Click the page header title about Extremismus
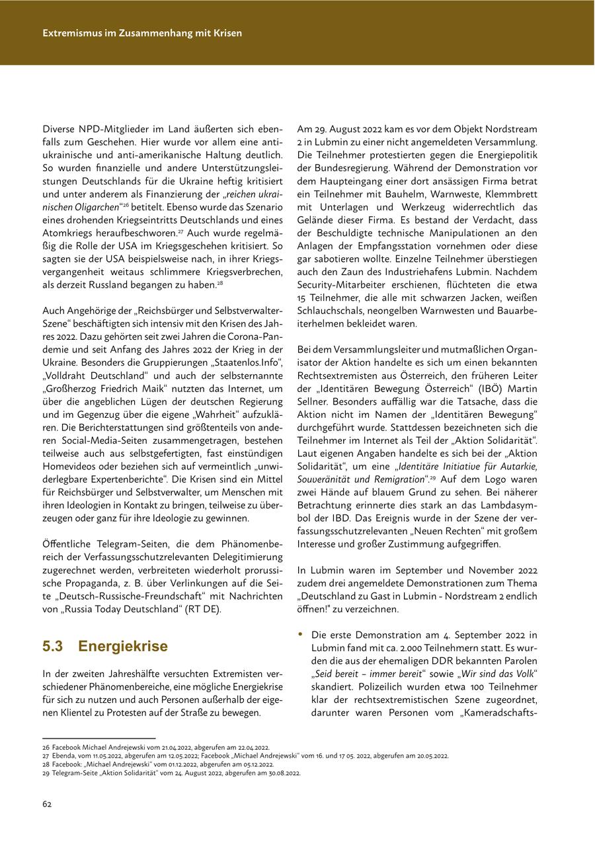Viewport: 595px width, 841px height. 142,32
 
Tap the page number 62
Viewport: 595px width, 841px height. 47,804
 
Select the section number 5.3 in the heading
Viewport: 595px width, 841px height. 53,646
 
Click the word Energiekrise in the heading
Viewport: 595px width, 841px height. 123,646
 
